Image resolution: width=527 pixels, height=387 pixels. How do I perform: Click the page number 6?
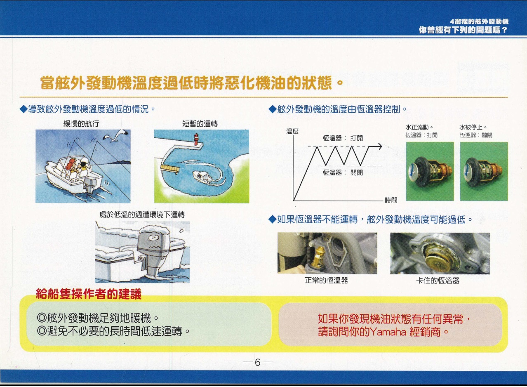(x=258, y=363)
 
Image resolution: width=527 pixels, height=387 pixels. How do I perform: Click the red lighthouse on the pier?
(x=196, y=139)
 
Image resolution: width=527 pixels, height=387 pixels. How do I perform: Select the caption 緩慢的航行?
(x=81, y=124)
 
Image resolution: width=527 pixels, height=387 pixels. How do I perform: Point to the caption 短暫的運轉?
(x=200, y=124)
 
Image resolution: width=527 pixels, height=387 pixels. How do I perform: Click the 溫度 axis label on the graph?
(x=292, y=131)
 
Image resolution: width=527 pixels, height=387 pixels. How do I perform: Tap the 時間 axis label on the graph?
(x=391, y=200)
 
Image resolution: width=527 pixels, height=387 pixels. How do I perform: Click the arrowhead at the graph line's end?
(x=379, y=146)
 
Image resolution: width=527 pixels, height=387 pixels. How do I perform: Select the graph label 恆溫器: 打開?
(x=343, y=138)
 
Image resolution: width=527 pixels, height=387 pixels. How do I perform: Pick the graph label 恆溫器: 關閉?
(x=343, y=172)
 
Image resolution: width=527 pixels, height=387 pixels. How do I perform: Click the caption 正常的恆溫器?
(x=326, y=281)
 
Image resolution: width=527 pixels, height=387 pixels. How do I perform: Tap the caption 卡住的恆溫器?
(x=438, y=281)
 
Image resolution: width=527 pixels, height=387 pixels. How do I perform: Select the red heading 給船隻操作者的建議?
(x=89, y=294)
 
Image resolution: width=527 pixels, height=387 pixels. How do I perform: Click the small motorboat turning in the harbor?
(x=202, y=176)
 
